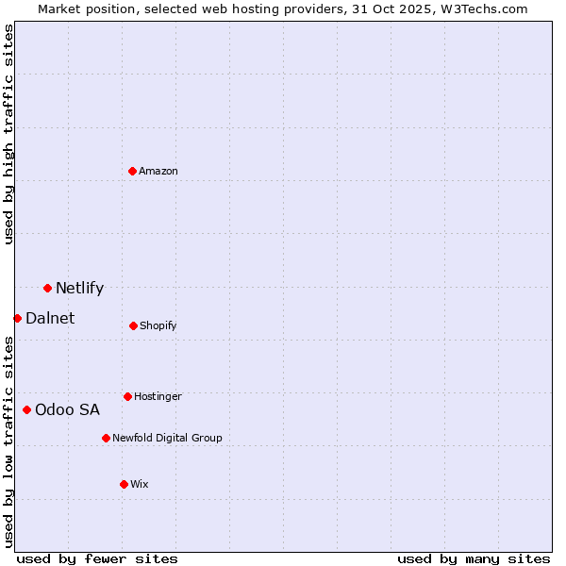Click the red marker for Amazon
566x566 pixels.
(133, 171)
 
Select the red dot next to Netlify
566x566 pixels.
(47, 288)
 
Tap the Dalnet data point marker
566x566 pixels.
(17, 318)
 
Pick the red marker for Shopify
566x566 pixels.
(133, 325)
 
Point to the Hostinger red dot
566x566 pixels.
(127, 396)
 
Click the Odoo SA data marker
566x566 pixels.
(26, 409)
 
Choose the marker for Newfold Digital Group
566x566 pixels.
(106, 438)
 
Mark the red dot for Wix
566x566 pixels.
(124, 484)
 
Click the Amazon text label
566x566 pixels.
(158, 171)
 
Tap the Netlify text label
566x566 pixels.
(79, 288)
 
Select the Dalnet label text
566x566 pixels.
(50, 318)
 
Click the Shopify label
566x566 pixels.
(158, 325)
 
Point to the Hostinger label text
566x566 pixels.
(158, 396)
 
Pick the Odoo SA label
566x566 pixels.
(67, 409)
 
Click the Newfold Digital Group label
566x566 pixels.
(167, 438)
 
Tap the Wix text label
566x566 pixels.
(140, 484)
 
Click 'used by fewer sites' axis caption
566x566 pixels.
(97, 558)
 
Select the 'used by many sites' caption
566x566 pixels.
(474, 558)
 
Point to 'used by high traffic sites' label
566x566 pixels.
(8, 134)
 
